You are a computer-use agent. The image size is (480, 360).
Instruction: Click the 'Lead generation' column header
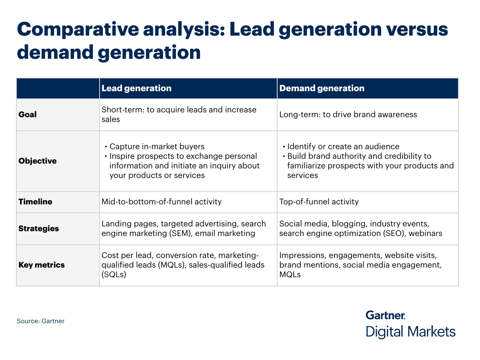(136, 88)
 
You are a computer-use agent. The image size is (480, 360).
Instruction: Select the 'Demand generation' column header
(322, 88)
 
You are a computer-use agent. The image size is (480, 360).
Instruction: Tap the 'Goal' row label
(28, 114)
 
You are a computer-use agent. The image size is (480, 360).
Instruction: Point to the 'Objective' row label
(38, 161)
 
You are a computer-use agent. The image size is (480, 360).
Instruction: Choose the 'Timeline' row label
(35, 202)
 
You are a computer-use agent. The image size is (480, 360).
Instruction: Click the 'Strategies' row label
(38, 228)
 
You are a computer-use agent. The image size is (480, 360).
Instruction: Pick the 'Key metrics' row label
(42, 265)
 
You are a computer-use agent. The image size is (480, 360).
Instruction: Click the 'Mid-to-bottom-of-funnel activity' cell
(162, 202)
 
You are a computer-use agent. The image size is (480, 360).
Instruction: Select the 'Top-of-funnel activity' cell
(319, 202)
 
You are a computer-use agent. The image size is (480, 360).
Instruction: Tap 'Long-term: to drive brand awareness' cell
(348, 114)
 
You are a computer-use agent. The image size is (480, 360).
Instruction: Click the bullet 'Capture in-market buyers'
(157, 146)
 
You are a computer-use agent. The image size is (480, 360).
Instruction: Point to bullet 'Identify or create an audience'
(343, 146)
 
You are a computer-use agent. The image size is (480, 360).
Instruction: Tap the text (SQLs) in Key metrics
(114, 274)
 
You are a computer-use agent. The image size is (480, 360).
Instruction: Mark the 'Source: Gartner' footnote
(40, 321)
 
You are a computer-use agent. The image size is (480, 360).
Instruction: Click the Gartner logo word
(386, 315)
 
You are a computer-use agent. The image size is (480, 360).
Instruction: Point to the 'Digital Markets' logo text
(410, 332)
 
